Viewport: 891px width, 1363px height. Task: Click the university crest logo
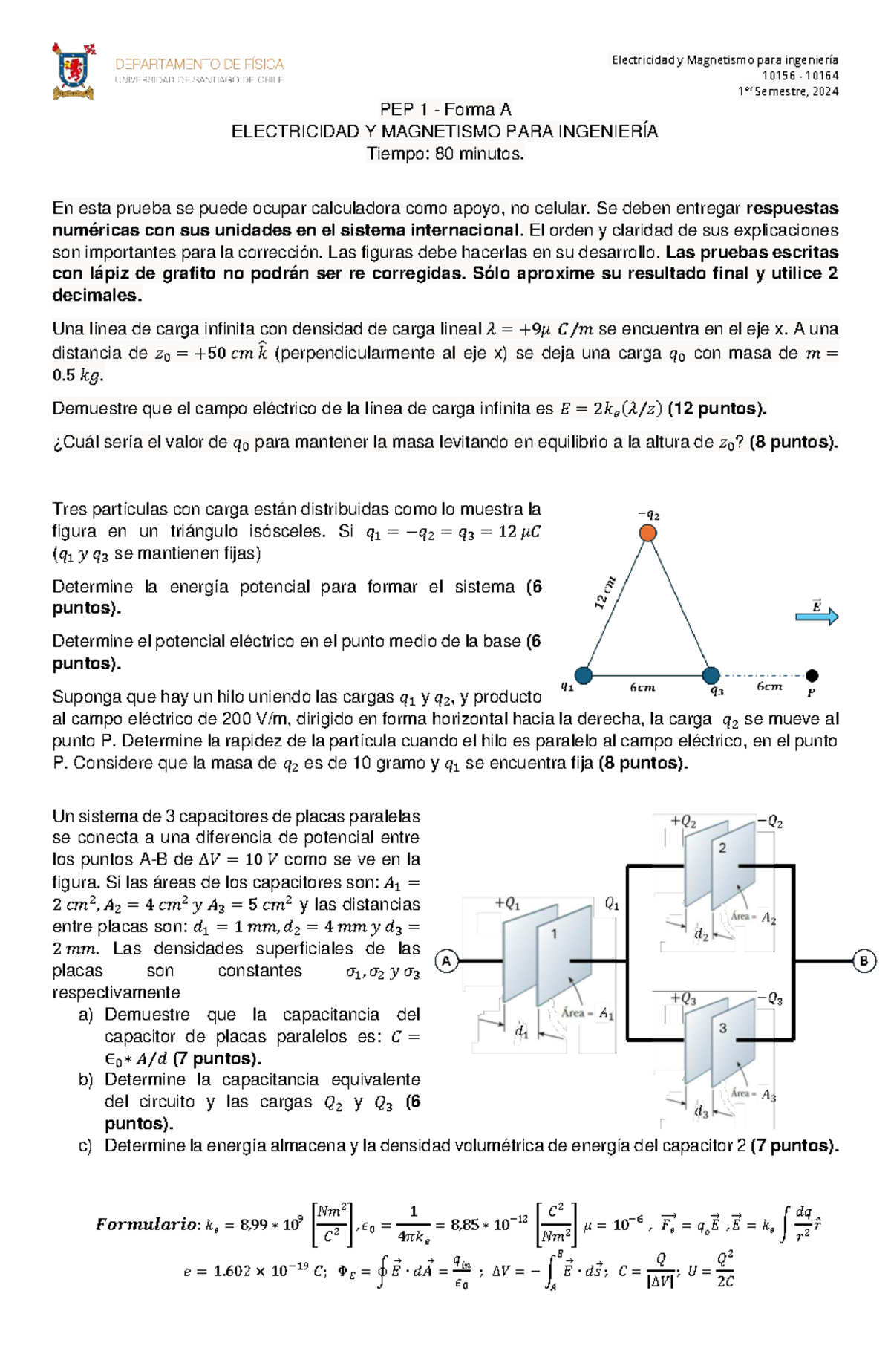tap(74, 71)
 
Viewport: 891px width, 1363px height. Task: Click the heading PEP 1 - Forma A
tap(446, 110)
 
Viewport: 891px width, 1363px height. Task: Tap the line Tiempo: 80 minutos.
tap(446, 154)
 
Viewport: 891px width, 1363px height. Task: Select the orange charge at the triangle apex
tap(648, 533)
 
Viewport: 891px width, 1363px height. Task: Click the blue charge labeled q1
tap(584, 675)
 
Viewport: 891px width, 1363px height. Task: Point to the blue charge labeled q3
tap(711, 675)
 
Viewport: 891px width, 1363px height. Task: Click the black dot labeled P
tap(812, 675)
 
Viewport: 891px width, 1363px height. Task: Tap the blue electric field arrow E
tap(817, 616)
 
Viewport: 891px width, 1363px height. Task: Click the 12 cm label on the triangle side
tap(605, 593)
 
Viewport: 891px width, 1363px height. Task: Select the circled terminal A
tap(446, 961)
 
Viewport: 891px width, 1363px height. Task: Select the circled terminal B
tap(864, 961)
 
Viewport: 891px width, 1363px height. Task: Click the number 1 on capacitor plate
tap(554, 934)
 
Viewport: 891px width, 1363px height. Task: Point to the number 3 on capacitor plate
tap(722, 1029)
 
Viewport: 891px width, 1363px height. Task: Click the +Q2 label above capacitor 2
tap(683, 822)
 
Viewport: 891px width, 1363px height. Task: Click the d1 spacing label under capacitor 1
tap(522, 1032)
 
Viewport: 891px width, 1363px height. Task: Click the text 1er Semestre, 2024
tap(788, 91)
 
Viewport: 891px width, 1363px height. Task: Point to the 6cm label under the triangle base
tap(642, 688)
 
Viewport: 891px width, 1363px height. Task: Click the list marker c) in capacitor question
tap(85, 1145)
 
